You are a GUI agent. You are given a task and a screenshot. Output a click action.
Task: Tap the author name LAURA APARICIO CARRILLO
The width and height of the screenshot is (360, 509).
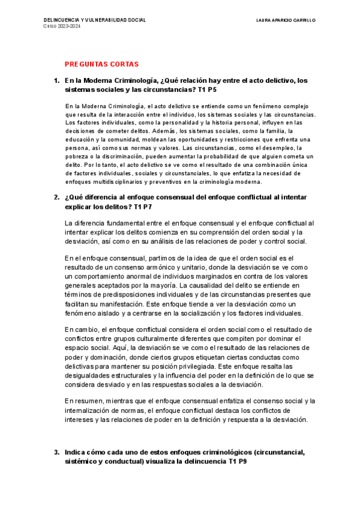(x=286, y=20)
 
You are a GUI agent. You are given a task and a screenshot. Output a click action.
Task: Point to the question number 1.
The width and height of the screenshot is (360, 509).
(x=56, y=80)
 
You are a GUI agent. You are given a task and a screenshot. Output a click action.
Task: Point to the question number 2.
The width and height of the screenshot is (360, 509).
(x=56, y=197)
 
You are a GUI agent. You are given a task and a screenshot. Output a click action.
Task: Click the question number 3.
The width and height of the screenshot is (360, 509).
(x=56, y=453)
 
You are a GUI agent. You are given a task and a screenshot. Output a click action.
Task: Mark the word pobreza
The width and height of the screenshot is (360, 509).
(x=77, y=156)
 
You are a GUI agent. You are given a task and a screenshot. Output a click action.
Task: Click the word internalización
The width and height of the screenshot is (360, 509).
(x=93, y=410)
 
